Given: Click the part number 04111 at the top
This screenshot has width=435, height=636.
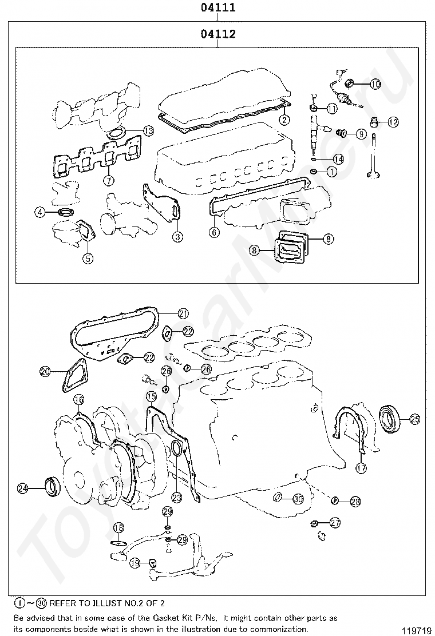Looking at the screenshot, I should coord(218,8).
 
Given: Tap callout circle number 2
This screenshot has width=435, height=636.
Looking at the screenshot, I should coord(283,120).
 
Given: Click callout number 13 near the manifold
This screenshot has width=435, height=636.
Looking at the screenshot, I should coord(148,131).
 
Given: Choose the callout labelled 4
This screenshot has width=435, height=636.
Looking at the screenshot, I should coord(39,212).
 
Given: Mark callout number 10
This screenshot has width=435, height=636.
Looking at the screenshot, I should coord(375,84).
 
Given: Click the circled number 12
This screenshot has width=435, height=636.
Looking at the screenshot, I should coord(393,122).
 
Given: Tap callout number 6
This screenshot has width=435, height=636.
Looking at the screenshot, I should coord(213,232).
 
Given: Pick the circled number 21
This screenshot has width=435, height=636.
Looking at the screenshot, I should coord(183,313).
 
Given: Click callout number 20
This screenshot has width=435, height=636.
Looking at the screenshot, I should coord(45,371).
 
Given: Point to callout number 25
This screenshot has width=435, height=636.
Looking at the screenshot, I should coord(414,419).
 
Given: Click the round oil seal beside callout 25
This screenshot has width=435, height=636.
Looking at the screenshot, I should coord(391,418).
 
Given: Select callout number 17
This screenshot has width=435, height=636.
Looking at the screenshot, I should coord(361,468).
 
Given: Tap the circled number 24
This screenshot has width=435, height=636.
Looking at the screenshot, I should coord(23,488).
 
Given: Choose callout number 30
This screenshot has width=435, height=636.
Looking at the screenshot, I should coord(298,499).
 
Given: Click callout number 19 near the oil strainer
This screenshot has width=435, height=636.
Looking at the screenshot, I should coord(135,563).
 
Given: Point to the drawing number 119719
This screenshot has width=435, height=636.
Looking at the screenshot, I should coord(416,630).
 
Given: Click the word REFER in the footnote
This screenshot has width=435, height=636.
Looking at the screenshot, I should coord(64,603).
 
